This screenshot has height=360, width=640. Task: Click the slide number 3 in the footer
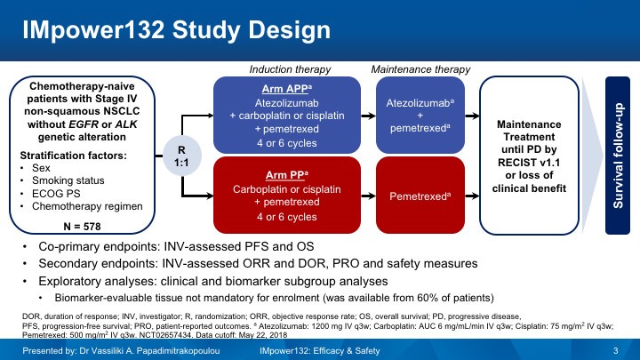[x=615, y=352]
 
